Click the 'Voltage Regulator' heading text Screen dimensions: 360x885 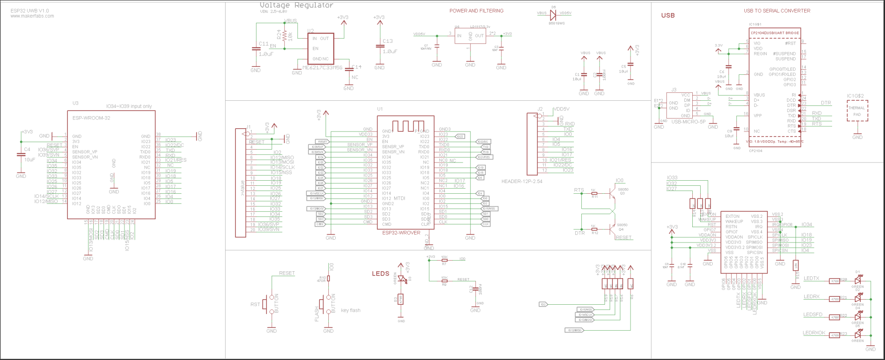point(296,6)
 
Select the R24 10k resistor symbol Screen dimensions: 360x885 point(284,36)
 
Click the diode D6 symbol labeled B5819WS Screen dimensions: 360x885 point(553,14)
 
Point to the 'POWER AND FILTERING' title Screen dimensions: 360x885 point(476,11)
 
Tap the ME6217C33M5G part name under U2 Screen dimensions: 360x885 point(322,68)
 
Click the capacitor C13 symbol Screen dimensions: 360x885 point(379,46)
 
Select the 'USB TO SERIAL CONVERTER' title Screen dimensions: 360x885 point(777,11)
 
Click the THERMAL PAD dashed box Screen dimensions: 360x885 point(857,111)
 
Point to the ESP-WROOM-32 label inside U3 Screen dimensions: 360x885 point(91,118)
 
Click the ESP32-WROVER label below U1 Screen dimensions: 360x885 point(401,233)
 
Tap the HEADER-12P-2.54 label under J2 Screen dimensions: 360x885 point(521,182)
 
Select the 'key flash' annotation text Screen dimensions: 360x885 point(351,310)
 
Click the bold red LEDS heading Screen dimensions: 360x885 point(380,274)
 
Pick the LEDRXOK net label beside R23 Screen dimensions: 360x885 point(814,333)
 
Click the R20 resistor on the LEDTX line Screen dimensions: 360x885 point(835,281)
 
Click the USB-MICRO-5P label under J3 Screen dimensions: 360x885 point(688,122)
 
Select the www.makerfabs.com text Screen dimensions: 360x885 point(32,16)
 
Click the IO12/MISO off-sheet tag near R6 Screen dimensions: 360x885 point(574,330)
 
